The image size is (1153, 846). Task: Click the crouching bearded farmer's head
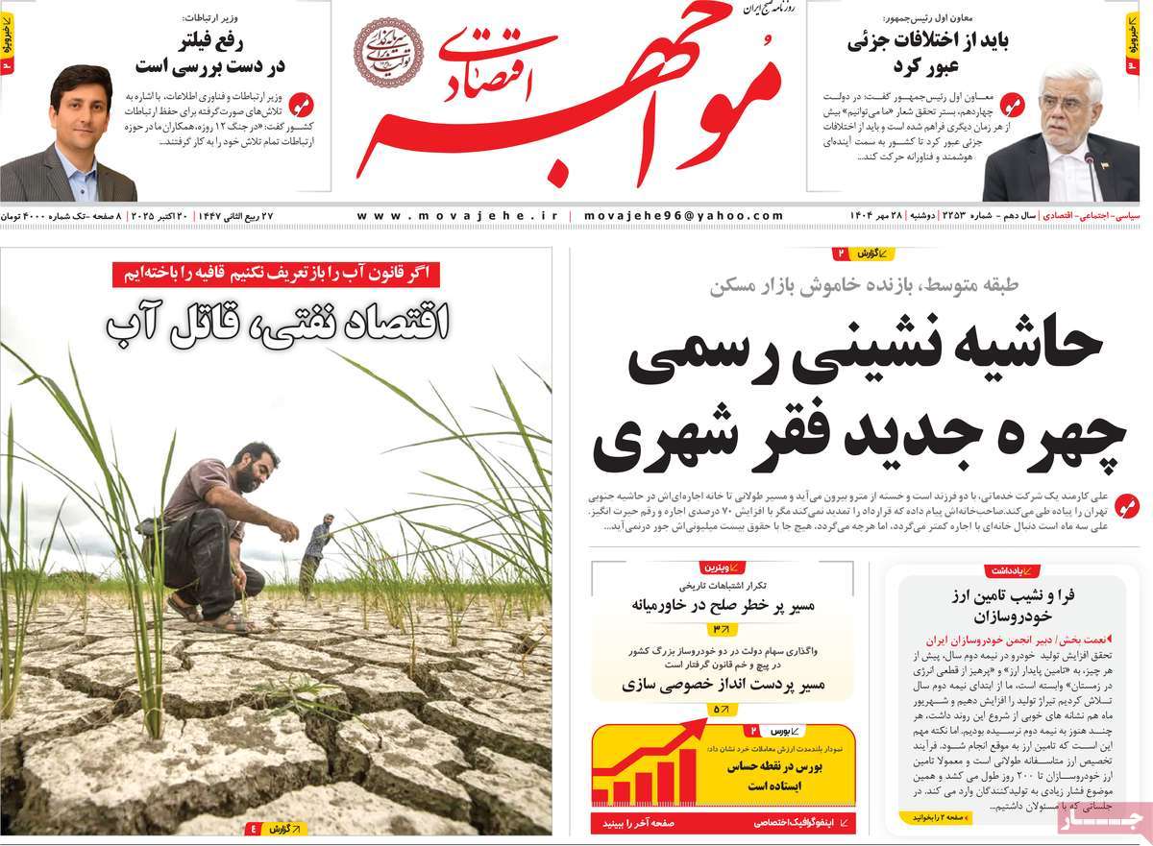coord(257,466)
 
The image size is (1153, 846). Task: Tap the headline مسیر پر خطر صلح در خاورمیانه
coord(723,605)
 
